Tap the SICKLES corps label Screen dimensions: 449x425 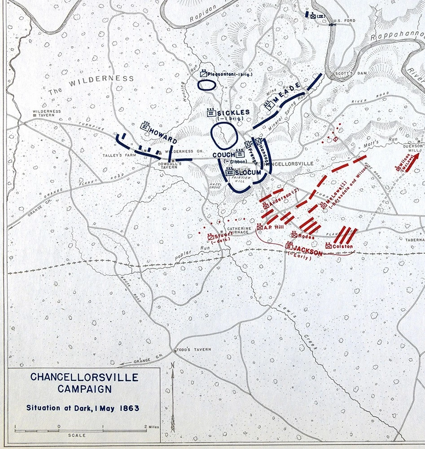pos(233,112)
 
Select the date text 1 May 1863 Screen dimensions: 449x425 pos(114,409)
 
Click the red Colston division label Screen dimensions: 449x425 pos(343,247)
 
